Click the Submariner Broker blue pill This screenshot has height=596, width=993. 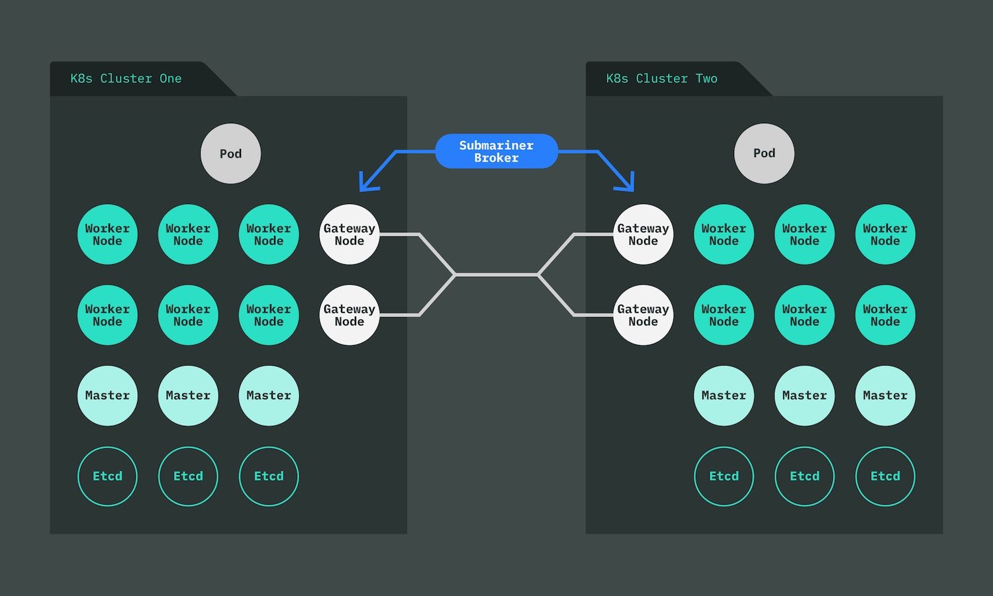[x=496, y=152]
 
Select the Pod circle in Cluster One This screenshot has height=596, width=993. [x=230, y=154]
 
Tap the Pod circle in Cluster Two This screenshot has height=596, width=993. [x=764, y=153]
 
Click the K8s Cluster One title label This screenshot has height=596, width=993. [x=126, y=79]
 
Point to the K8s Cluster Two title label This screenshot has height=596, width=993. [x=661, y=79]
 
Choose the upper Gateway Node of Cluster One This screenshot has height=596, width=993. [x=349, y=234]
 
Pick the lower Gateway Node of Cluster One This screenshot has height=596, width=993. [x=349, y=315]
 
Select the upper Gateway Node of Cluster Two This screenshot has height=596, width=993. [x=643, y=234]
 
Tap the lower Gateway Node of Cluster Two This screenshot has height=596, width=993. [x=643, y=315]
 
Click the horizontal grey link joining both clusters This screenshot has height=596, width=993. [x=496, y=274]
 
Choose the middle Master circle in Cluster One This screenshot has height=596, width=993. [x=188, y=395]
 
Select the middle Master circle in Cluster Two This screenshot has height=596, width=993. [x=804, y=395]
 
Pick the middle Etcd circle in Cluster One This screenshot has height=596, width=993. [x=188, y=476]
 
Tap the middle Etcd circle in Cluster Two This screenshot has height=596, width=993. [x=804, y=476]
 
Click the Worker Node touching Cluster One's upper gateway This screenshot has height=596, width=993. [x=269, y=234]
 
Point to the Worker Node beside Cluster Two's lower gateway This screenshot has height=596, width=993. [x=724, y=315]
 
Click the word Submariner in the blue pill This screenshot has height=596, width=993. [x=496, y=146]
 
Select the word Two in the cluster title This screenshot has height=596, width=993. [x=706, y=79]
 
